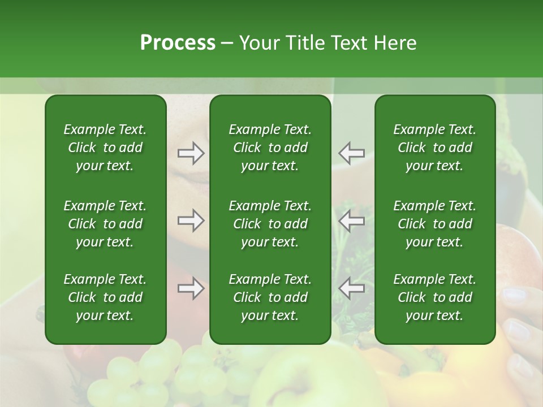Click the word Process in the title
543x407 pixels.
(x=178, y=42)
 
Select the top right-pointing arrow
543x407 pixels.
(x=191, y=153)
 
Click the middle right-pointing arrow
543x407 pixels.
(x=191, y=220)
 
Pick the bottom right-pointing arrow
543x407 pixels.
(x=191, y=288)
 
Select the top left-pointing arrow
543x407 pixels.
(x=351, y=153)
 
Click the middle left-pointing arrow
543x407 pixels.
(x=351, y=220)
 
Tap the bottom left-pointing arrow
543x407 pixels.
(x=351, y=288)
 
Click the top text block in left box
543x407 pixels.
(x=105, y=148)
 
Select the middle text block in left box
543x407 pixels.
(x=105, y=224)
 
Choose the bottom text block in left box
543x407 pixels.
(x=105, y=297)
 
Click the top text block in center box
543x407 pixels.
(x=270, y=148)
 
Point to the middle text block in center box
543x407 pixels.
(x=270, y=224)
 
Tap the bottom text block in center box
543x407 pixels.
(x=270, y=297)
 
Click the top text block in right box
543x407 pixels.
(x=434, y=148)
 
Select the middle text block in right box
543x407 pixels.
(x=434, y=224)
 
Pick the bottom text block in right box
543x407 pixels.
(x=434, y=297)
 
